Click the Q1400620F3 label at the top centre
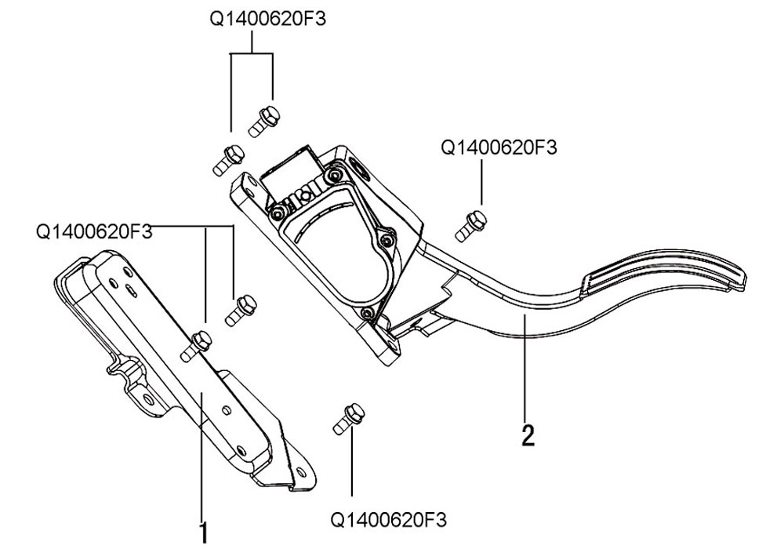(x=267, y=19)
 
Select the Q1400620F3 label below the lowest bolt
(x=389, y=519)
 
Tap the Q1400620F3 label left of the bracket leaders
(x=94, y=231)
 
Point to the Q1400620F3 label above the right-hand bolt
(x=499, y=147)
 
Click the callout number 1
(x=203, y=533)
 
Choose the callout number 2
(x=528, y=435)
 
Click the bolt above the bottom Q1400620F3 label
(x=350, y=419)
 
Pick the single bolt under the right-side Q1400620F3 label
(x=471, y=226)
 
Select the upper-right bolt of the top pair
(x=263, y=122)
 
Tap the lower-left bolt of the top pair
(x=229, y=160)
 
